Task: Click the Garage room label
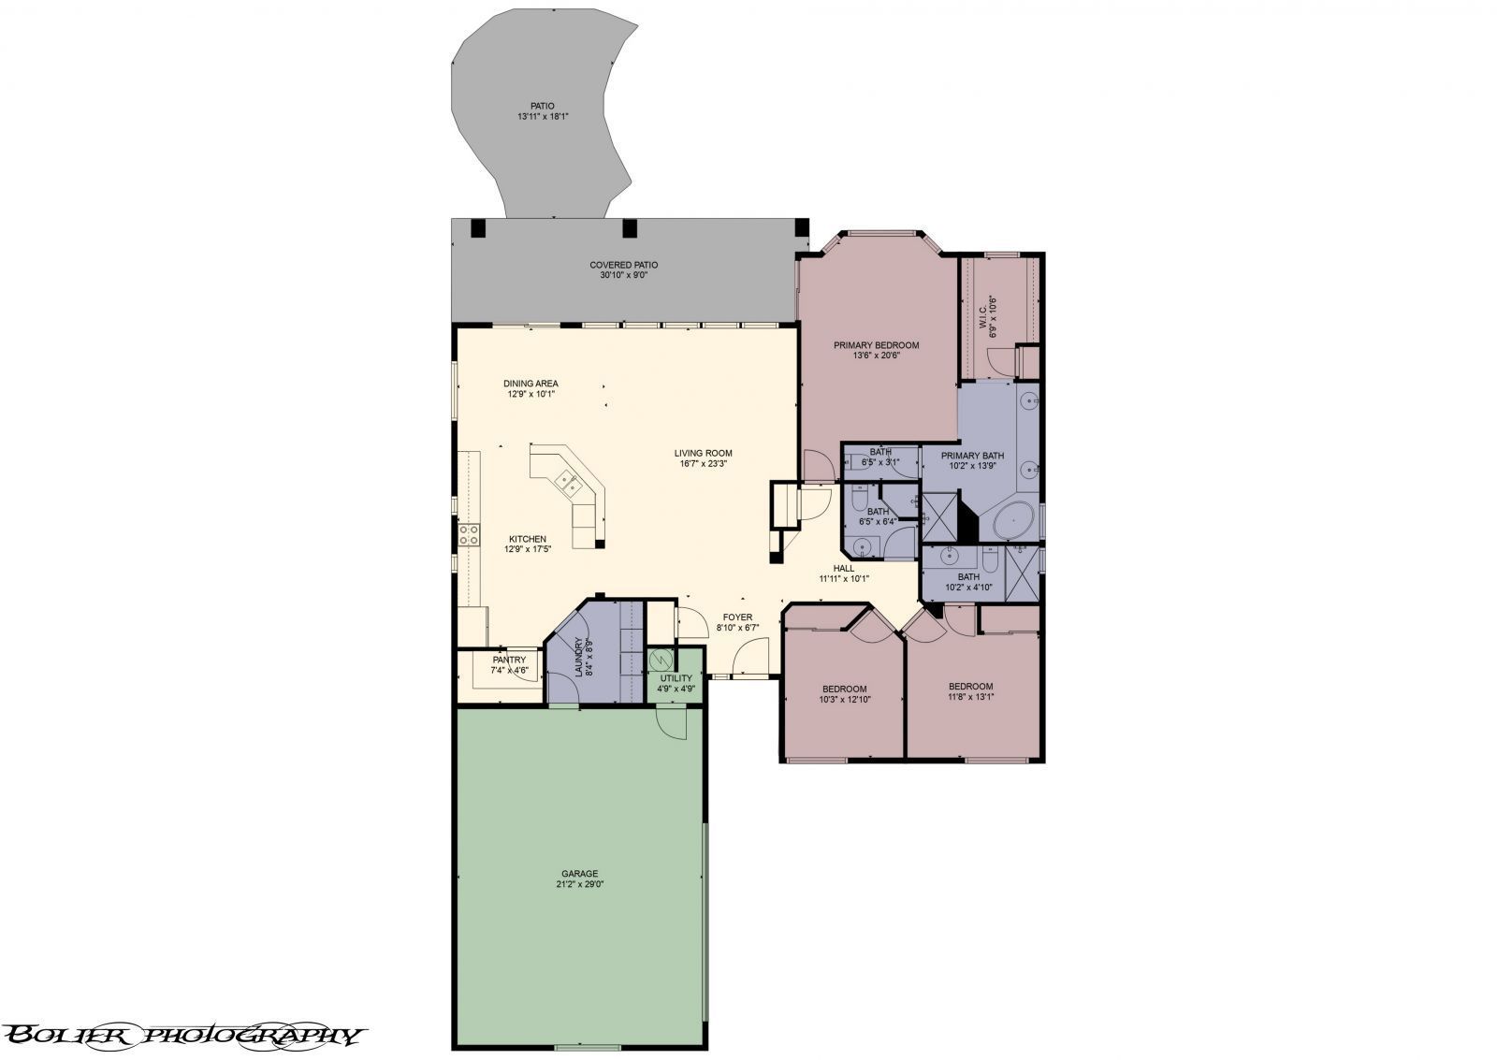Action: click(x=580, y=874)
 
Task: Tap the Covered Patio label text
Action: click(x=623, y=265)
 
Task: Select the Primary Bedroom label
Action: click(x=876, y=345)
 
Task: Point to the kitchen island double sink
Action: click(x=568, y=483)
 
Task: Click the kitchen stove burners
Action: click(x=468, y=535)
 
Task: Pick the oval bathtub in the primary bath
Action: click(x=1012, y=519)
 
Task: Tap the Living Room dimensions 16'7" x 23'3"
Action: click(x=704, y=463)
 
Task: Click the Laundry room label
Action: click(x=580, y=658)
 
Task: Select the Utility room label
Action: click(x=676, y=678)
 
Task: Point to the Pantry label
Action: click(x=509, y=660)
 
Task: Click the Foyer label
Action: click(x=737, y=617)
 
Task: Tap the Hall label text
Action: click(x=844, y=568)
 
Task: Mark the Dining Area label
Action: click(x=530, y=384)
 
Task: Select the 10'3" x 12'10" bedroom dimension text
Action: click(x=845, y=699)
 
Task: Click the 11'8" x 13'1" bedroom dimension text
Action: click(x=970, y=696)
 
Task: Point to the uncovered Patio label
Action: click(x=543, y=106)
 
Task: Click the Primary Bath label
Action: click(x=972, y=456)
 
